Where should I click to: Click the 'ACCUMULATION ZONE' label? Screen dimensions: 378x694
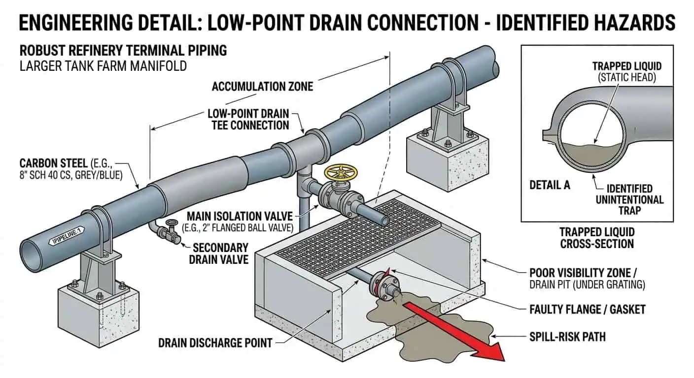pyautogui.click(x=262, y=87)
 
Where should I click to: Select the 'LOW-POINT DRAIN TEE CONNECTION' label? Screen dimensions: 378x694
pyautogui.click(x=248, y=120)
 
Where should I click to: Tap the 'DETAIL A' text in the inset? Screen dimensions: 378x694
pyautogui.click(x=550, y=185)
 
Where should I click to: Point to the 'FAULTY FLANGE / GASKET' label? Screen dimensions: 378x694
pyautogui.click(x=587, y=309)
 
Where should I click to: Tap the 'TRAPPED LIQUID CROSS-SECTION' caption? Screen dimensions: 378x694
pyautogui.click(x=597, y=238)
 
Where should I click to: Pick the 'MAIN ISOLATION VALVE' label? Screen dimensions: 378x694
pyautogui.click(x=239, y=216)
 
